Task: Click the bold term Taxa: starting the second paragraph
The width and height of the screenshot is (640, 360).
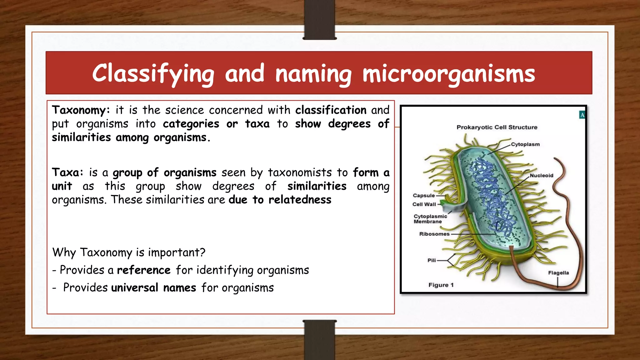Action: [67, 172]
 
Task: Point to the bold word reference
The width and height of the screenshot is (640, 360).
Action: [144, 270]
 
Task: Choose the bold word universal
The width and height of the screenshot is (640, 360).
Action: [135, 287]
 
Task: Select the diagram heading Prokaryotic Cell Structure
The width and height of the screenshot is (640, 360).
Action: [497, 127]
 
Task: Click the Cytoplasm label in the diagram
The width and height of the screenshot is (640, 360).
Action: [525, 144]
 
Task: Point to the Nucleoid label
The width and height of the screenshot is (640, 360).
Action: [542, 176]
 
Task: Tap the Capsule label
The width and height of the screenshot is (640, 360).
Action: [424, 196]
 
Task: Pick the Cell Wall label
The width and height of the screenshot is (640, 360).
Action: [424, 204]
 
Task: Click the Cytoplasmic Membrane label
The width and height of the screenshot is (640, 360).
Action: [430, 219]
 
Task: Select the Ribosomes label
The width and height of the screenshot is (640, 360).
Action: [434, 234]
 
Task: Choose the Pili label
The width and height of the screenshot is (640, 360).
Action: [432, 260]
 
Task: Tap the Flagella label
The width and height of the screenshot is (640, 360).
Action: [558, 273]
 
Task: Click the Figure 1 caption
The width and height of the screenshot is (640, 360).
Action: [441, 285]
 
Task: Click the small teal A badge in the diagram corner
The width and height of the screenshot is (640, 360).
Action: [582, 115]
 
